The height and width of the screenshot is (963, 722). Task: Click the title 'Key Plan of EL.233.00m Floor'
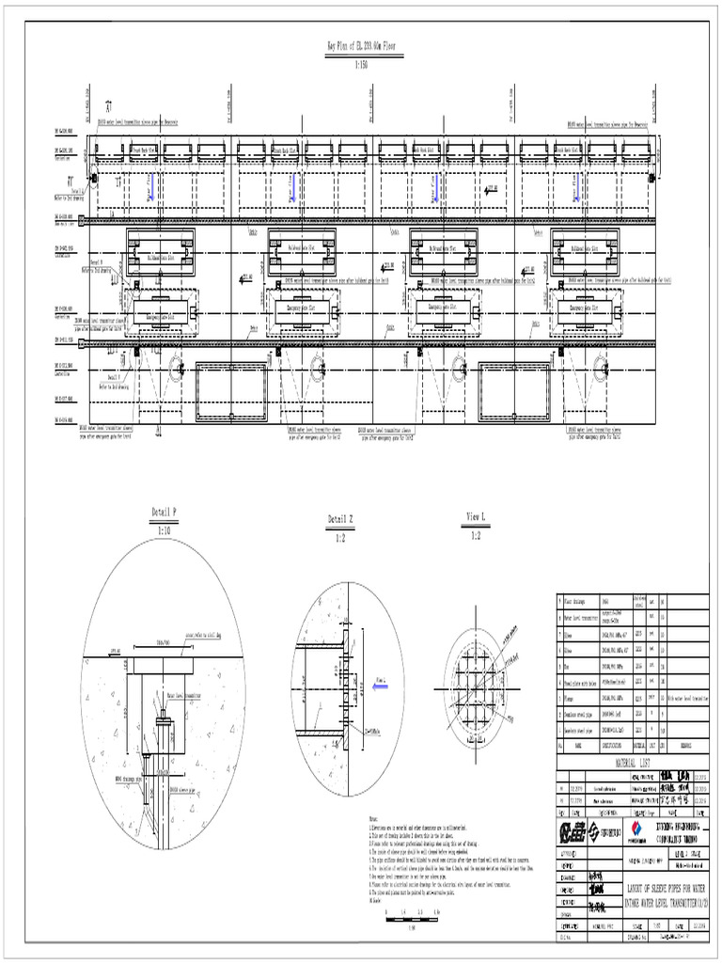pyautogui.click(x=360, y=44)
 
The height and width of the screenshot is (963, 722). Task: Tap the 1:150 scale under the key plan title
pyautogui.click(x=361, y=66)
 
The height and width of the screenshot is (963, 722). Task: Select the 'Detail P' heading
pyautogui.click(x=164, y=513)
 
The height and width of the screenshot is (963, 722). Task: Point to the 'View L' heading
pyautogui.click(x=476, y=518)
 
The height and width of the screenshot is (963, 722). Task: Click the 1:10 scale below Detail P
pyautogui.click(x=164, y=530)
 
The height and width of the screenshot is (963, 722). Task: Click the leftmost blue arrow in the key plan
pyautogui.click(x=149, y=187)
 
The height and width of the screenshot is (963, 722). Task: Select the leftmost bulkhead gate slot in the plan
pyautogui.click(x=160, y=253)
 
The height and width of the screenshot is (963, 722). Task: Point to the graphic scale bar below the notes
pyautogui.click(x=411, y=913)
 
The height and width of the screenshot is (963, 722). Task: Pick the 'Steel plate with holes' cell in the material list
pyautogui.click(x=583, y=682)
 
